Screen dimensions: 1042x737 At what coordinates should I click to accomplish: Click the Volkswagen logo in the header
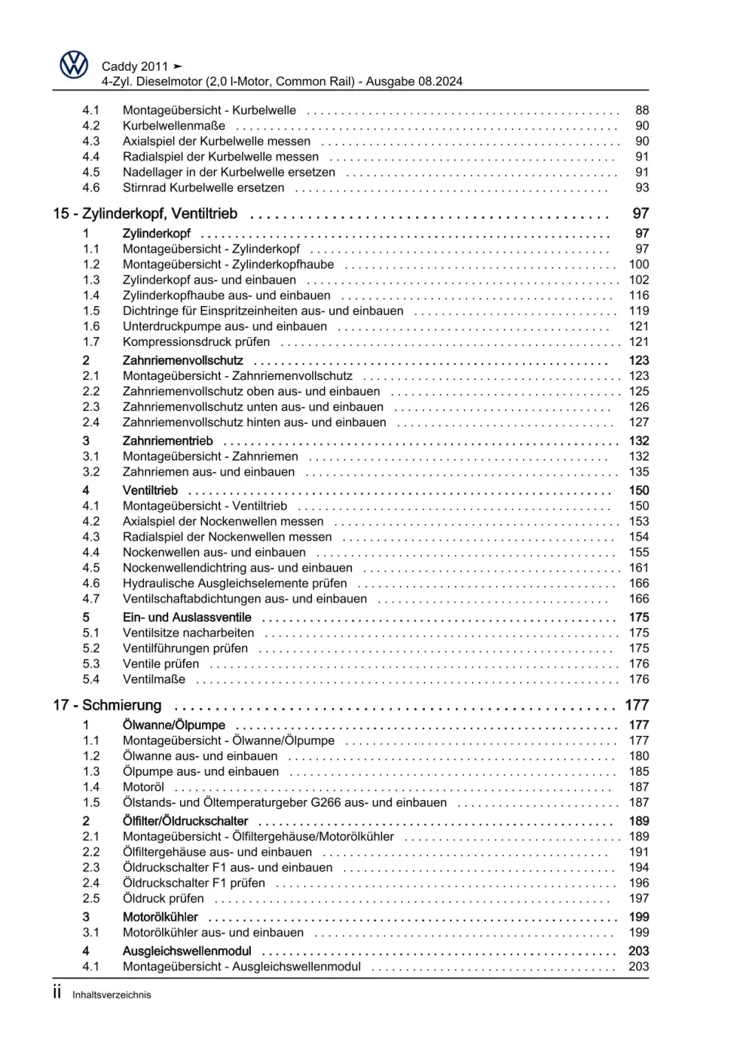74,65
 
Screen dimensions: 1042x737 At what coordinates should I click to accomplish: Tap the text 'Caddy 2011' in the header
135,66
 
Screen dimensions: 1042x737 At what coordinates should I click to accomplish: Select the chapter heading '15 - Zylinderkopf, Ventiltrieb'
145,214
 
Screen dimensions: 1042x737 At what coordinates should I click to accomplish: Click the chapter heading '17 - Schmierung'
107,706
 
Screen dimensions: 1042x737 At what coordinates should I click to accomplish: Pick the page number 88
642,111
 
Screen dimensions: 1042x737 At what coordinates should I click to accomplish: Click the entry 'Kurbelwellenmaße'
173,126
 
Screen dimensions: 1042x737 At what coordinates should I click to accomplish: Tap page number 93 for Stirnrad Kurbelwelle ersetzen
642,188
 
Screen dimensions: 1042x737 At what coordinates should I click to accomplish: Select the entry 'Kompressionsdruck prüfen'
196,342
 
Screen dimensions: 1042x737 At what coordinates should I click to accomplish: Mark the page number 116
639,296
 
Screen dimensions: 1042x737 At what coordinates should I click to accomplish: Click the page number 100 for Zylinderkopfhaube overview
639,265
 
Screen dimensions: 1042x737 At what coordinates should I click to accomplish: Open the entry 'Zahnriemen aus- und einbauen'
209,472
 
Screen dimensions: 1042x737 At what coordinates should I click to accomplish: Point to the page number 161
639,568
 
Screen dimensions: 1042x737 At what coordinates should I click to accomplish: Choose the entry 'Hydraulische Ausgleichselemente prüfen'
235,583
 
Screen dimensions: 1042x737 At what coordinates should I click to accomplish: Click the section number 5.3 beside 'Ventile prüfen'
91,664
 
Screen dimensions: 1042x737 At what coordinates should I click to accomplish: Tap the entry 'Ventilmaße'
154,679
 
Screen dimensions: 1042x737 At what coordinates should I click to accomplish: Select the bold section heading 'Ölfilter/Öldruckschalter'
185,822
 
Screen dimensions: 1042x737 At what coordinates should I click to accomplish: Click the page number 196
639,883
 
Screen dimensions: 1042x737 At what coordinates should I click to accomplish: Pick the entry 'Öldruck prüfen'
163,899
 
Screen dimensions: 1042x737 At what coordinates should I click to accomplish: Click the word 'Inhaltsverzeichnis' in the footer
111,995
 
